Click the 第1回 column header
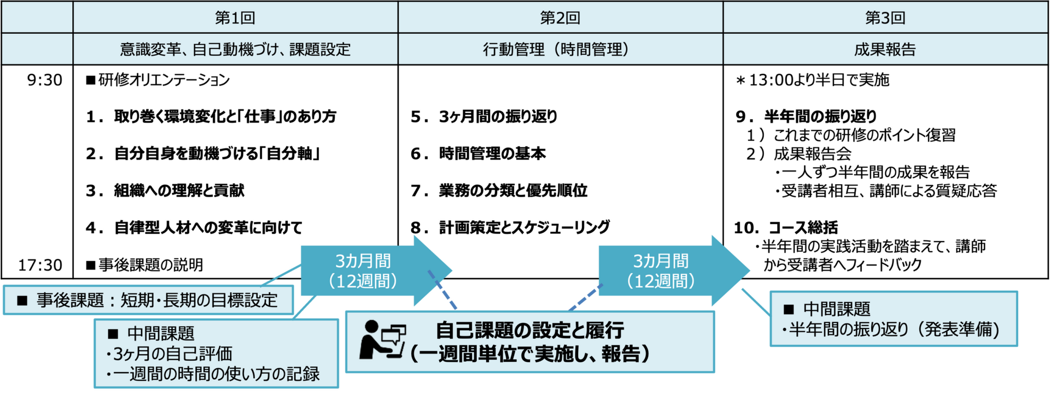(235, 17)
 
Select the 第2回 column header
(560, 17)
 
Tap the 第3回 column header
(885, 17)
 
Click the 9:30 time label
(45, 80)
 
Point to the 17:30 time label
(40, 265)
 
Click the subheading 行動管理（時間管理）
(556, 49)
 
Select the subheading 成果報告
(885, 49)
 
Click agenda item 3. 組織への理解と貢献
(165, 190)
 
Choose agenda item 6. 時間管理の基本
(479, 154)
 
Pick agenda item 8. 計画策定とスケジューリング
(510, 227)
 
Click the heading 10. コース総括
(786, 227)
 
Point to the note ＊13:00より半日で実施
(813, 80)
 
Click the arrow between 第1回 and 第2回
(376, 270)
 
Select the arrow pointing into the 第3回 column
(674, 270)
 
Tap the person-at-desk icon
(382, 339)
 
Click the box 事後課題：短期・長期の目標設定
(148, 300)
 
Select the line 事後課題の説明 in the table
(145, 265)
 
